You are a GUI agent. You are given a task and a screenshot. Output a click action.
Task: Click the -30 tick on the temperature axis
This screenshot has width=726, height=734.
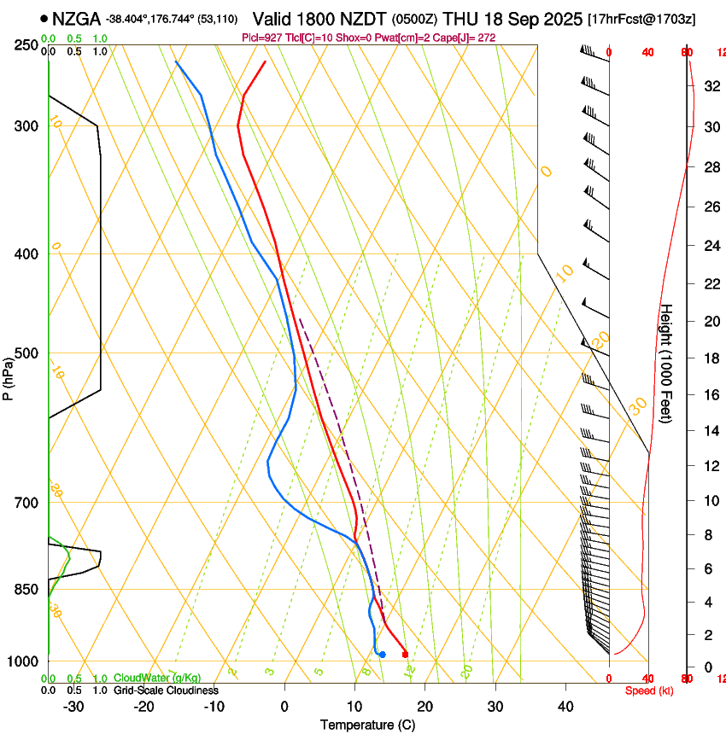(73, 707)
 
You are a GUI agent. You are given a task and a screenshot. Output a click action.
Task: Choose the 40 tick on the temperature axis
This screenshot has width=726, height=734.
(565, 707)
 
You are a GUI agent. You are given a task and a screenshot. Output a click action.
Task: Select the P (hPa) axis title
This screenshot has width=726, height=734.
(9, 376)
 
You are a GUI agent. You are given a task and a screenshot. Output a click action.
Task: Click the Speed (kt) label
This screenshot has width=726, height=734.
(649, 690)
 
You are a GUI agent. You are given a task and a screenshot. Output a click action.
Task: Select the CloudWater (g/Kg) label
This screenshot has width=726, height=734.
(157, 678)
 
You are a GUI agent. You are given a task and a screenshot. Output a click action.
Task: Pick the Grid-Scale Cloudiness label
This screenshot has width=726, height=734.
(166, 690)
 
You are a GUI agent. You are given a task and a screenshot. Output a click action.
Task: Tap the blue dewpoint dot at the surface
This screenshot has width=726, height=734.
(382, 655)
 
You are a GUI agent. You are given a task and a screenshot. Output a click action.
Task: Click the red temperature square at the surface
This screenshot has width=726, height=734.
(405, 655)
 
